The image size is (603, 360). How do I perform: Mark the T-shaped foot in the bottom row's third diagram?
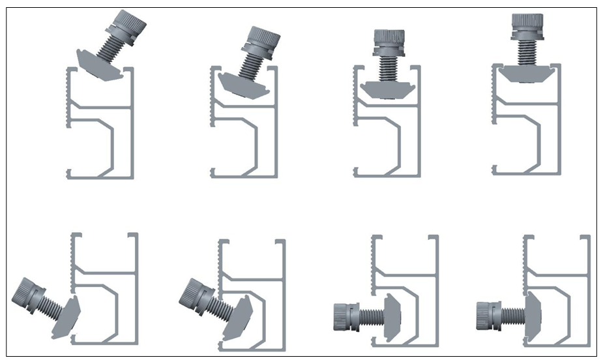click(392, 316)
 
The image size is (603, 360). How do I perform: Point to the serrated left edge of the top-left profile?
click(68, 98)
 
